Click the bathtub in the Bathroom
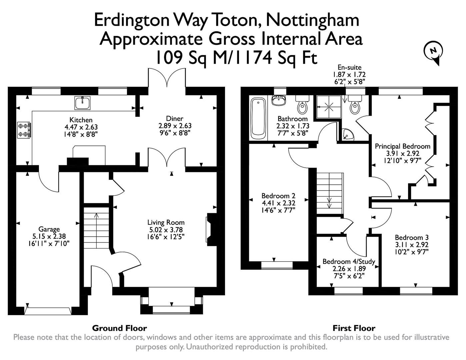point(258,118)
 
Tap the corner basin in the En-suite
point(348,135)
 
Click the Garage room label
point(49,229)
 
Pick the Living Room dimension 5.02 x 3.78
point(166,230)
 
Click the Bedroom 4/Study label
point(349,262)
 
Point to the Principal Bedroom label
point(402,146)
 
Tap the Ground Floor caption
point(119,328)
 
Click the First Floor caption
point(354,328)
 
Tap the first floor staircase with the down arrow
point(329,193)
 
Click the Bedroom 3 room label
point(411,238)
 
